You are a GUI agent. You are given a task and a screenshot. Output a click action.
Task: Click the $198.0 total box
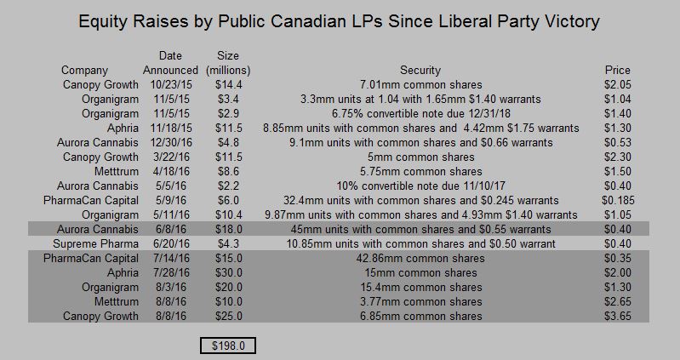(x=228, y=346)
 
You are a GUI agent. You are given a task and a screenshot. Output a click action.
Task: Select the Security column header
(x=420, y=71)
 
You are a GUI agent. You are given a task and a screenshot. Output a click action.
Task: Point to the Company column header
(x=85, y=71)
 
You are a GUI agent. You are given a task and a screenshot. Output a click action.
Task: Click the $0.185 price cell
(x=619, y=201)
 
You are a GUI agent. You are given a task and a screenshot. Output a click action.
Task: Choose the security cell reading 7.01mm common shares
(x=420, y=85)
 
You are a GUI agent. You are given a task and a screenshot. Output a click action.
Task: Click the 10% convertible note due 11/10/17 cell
(x=420, y=186)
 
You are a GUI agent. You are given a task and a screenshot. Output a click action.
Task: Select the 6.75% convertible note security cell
(x=420, y=114)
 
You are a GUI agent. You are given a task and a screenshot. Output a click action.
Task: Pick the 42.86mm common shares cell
(x=420, y=259)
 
